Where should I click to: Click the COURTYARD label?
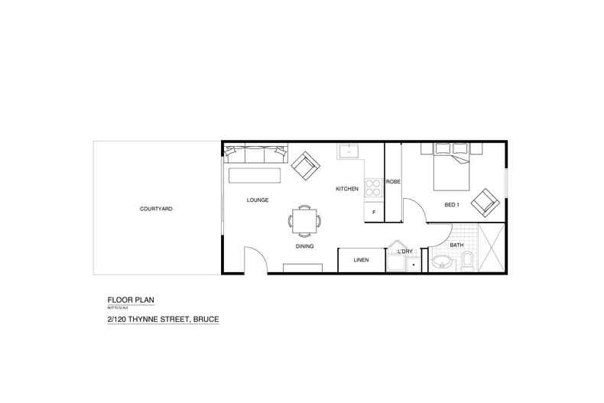pyautogui.click(x=155, y=208)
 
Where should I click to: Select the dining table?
pyautogui.click(x=305, y=221)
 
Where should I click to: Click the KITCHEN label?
pyautogui.click(x=347, y=188)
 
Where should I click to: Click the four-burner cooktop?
pyautogui.click(x=374, y=187)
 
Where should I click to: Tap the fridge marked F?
pyautogui.click(x=374, y=212)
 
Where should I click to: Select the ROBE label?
pyautogui.click(x=393, y=182)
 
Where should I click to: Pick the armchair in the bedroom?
pyautogui.click(x=485, y=203)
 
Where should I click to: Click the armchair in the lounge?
pyautogui.click(x=304, y=165)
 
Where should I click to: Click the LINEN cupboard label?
pyautogui.click(x=361, y=261)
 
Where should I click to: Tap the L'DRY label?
pyautogui.click(x=404, y=251)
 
